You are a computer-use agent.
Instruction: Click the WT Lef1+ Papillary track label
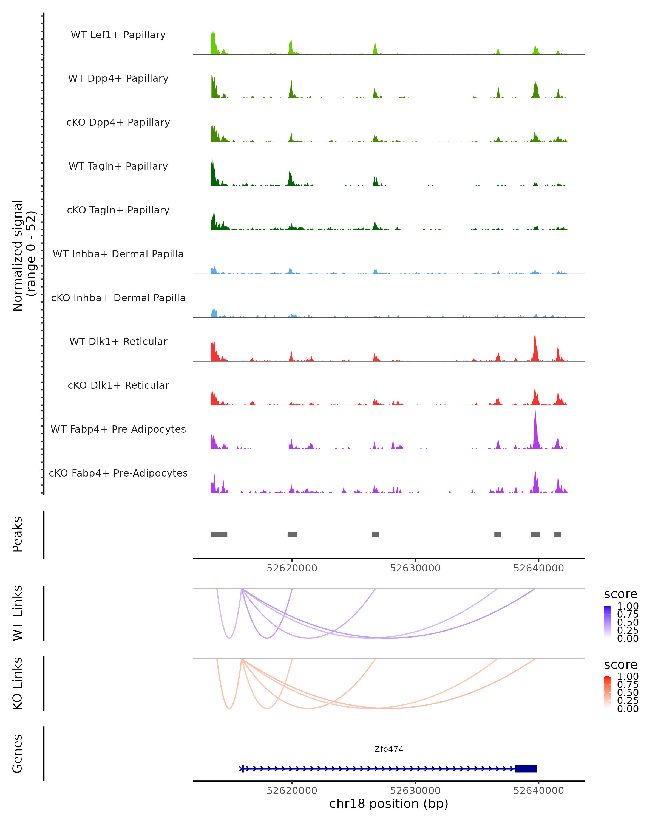pos(118,35)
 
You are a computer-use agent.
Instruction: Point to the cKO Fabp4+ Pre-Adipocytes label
pos(118,473)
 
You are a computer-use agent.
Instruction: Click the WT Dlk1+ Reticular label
pos(118,342)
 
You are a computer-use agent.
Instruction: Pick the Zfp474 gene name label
pos(389,749)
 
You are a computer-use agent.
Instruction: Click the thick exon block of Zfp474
pos(526,768)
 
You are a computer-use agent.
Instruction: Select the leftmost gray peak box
pos(219,534)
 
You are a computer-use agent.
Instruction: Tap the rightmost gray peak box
pos(558,534)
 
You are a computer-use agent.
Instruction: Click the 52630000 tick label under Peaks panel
pos(415,568)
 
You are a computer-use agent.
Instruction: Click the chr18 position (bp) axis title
pos(389,804)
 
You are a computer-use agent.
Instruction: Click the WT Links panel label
pos(18,613)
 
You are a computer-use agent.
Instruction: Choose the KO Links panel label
pos(18,684)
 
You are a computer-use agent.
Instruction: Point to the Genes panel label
pos(18,754)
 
